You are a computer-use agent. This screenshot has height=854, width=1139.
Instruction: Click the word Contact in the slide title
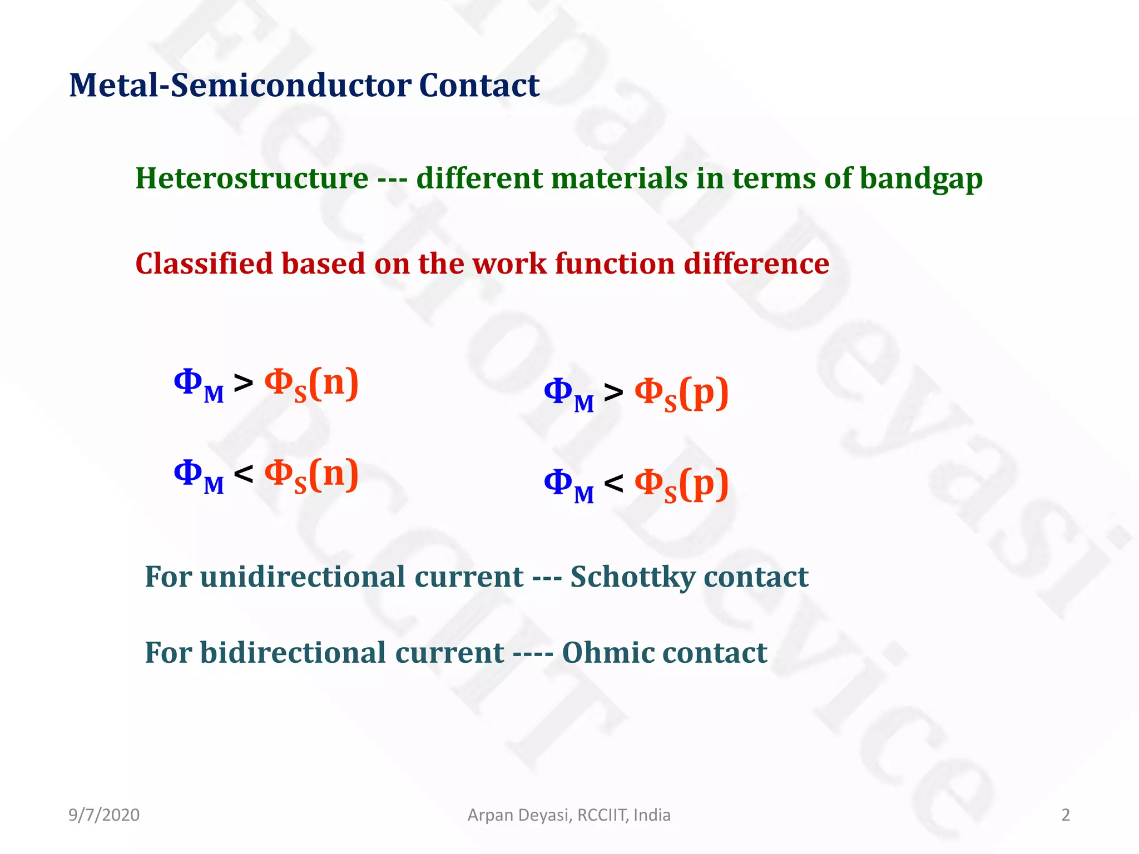tap(478, 86)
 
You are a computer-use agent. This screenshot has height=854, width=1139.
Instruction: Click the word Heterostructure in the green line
tap(251, 179)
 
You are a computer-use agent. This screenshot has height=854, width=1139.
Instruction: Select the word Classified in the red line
tap(204, 264)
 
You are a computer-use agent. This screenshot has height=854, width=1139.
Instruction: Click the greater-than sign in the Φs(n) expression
tap(244, 383)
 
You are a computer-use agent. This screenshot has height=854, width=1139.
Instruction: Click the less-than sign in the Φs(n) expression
tap(244, 474)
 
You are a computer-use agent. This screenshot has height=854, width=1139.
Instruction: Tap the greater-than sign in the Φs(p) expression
tap(613, 393)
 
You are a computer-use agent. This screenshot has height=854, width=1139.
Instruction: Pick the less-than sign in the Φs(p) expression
tap(613, 483)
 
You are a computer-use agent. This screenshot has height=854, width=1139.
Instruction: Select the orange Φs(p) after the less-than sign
tap(681, 484)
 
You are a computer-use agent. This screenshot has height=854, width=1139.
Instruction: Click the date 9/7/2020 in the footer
tap(104, 815)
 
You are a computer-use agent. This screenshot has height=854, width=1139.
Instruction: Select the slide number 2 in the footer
tap(1066, 815)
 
